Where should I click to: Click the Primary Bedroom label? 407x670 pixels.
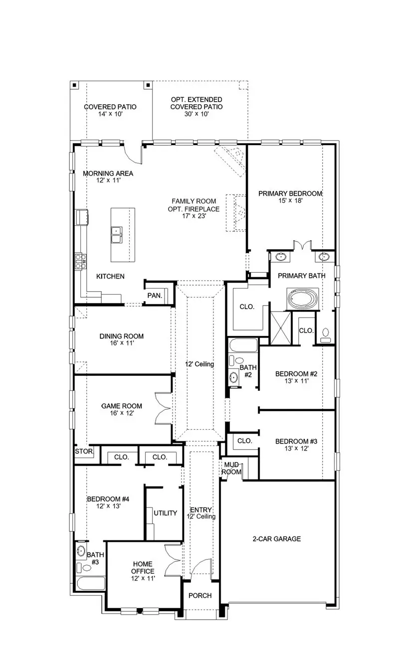290,193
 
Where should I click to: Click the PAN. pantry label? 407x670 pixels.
155,296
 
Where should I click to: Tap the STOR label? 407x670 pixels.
84,452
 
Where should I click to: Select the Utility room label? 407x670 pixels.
165,513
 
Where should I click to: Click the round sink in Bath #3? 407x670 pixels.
82,552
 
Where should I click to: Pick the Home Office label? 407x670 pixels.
143,567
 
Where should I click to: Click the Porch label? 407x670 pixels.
200,595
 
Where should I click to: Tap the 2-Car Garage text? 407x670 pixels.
276,539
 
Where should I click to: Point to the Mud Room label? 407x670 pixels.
231,468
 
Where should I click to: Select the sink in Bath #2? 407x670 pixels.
234,377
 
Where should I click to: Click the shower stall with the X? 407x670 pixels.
279,328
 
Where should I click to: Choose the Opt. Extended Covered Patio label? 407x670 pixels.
196,103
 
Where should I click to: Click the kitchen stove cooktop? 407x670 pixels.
81,260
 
